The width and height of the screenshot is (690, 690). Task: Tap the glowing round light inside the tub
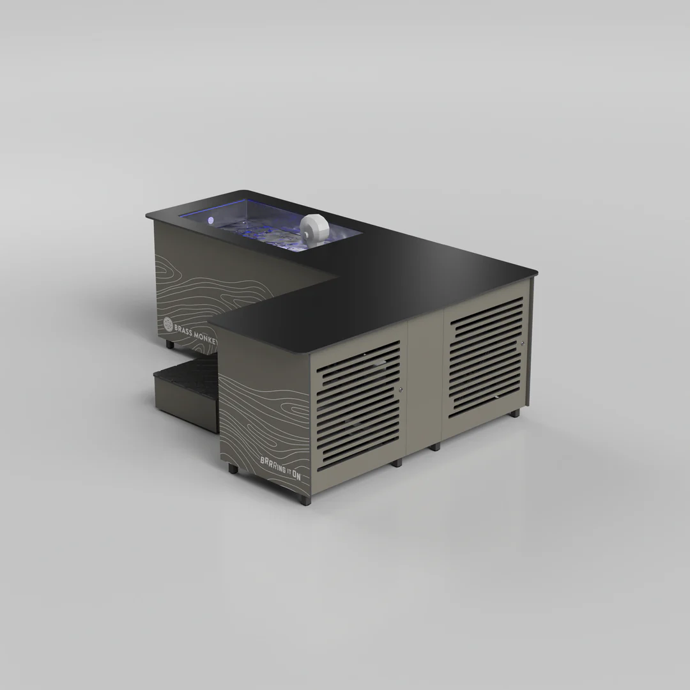[210, 220]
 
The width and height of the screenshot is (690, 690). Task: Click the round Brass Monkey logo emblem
[168, 324]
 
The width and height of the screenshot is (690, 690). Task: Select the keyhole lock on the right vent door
[523, 343]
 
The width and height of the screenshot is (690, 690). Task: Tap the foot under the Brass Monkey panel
[169, 344]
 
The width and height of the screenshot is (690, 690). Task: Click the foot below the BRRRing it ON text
[233, 468]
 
